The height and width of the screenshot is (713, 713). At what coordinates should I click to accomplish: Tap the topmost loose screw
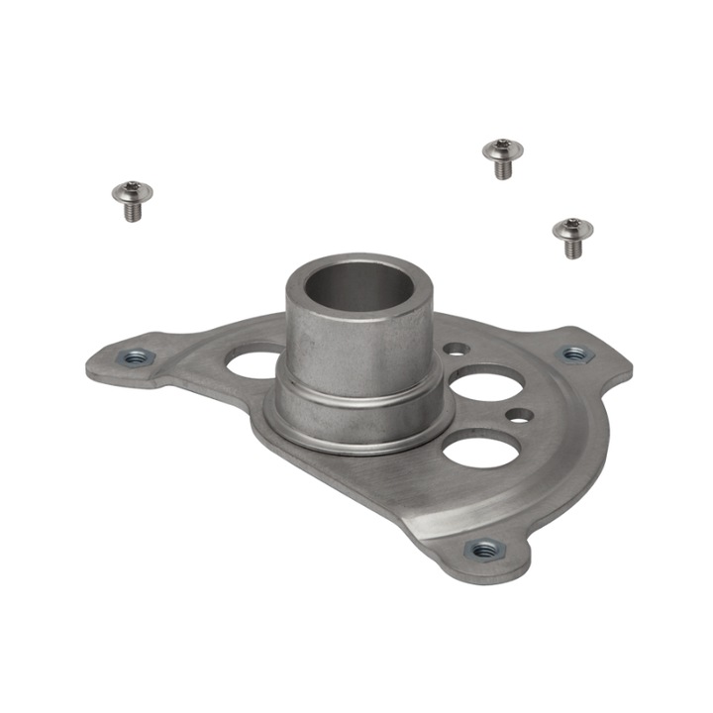502,157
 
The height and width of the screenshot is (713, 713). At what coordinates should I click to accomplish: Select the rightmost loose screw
570,238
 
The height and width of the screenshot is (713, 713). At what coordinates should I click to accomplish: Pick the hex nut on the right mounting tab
573,354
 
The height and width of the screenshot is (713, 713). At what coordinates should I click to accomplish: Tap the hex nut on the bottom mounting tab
483,550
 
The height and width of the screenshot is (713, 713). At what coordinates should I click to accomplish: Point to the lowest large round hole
475,449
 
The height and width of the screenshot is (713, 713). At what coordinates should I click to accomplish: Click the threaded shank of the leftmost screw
132,212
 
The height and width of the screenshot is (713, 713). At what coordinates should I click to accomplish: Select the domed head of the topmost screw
501,150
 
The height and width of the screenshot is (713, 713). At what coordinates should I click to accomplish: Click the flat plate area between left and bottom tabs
327,475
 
